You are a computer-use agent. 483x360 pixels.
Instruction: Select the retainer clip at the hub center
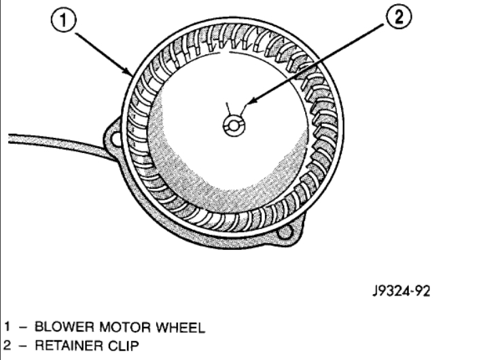(235, 124)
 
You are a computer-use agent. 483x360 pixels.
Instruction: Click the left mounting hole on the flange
(113, 139)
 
